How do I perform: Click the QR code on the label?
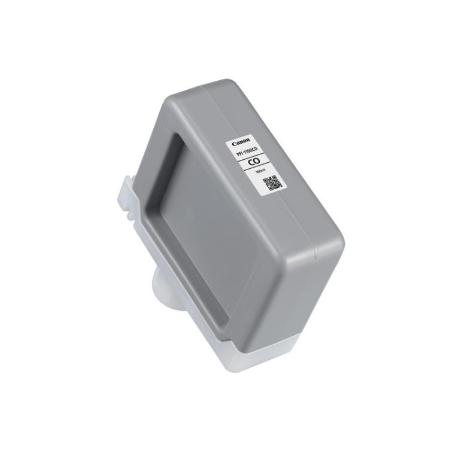tap(272, 183)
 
